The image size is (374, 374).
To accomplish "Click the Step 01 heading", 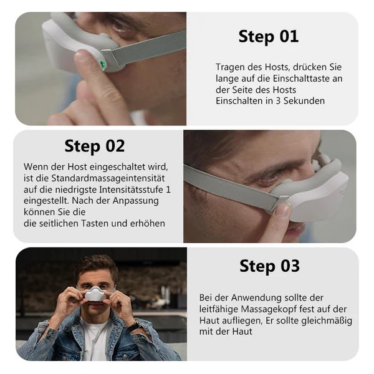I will click(269, 36).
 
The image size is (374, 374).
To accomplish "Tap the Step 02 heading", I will click(95, 146).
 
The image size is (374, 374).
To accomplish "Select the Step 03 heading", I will click(269, 266).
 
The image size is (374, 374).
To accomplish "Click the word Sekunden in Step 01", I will click(304, 101).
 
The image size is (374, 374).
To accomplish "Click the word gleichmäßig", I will click(326, 320).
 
